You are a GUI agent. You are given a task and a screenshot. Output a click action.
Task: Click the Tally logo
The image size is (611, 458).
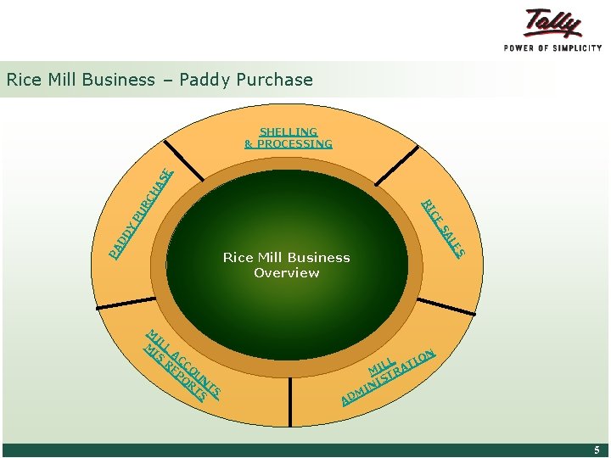tap(552, 23)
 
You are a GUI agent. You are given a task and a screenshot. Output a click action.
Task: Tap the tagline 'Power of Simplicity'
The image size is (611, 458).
tap(552, 47)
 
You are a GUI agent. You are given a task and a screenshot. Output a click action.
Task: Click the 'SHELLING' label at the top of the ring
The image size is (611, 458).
tap(289, 131)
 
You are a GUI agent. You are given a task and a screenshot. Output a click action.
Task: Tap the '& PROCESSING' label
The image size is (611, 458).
tap(289, 143)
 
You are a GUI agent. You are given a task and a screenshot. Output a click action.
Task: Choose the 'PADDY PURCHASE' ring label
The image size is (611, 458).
tap(141, 213)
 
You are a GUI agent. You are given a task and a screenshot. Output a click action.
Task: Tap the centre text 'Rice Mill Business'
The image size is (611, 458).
tap(286, 257)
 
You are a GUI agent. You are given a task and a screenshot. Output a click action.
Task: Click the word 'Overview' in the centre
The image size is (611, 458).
tap(286, 273)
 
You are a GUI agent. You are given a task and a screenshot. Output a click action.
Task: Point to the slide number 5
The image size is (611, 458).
tap(597, 450)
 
